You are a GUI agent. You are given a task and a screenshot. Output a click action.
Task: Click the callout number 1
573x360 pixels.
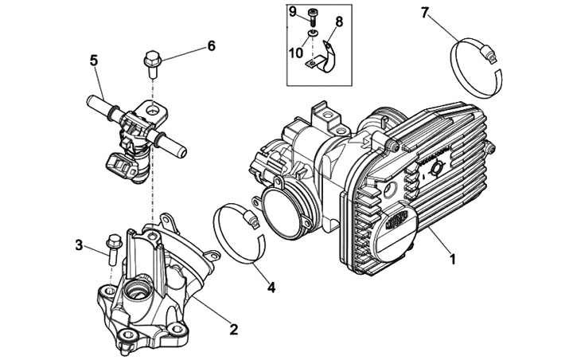[453, 259]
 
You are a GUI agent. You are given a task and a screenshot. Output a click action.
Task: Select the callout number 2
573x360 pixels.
[234, 327]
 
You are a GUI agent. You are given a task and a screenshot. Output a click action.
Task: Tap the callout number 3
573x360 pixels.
[80, 245]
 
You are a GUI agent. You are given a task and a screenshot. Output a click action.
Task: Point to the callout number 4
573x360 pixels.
[271, 288]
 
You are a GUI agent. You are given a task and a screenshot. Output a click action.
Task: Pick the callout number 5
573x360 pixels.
[93, 61]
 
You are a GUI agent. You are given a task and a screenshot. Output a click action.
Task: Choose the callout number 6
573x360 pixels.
[211, 46]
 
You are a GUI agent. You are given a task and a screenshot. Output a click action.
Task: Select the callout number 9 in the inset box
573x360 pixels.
[292, 10]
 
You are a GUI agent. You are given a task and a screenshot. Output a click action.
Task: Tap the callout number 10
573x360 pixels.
[294, 53]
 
